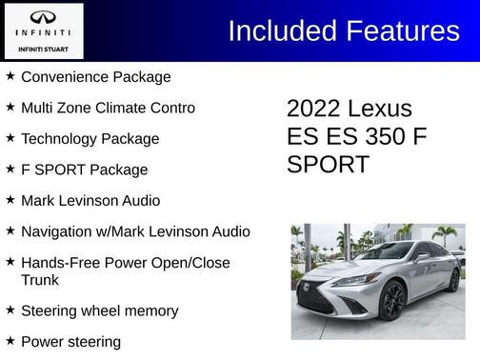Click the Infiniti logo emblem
click(x=44, y=17)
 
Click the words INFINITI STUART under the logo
click(x=44, y=49)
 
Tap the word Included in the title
click(x=281, y=30)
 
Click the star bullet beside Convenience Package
click(x=10, y=76)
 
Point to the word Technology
click(x=60, y=139)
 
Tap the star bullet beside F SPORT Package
click(x=10, y=169)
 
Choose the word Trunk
click(x=40, y=280)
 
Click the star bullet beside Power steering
click(x=10, y=340)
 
